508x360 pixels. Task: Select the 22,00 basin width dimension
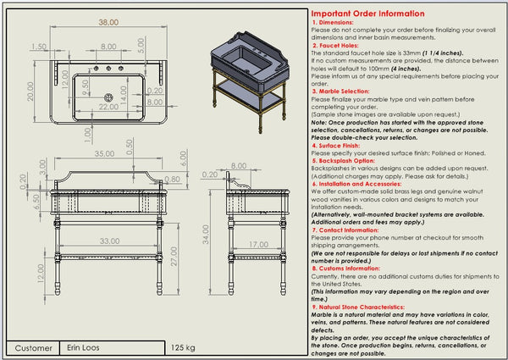point(109,108)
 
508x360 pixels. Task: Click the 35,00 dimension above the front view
point(104,154)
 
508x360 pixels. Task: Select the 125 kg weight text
point(183,347)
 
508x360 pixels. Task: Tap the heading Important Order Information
point(367,14)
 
